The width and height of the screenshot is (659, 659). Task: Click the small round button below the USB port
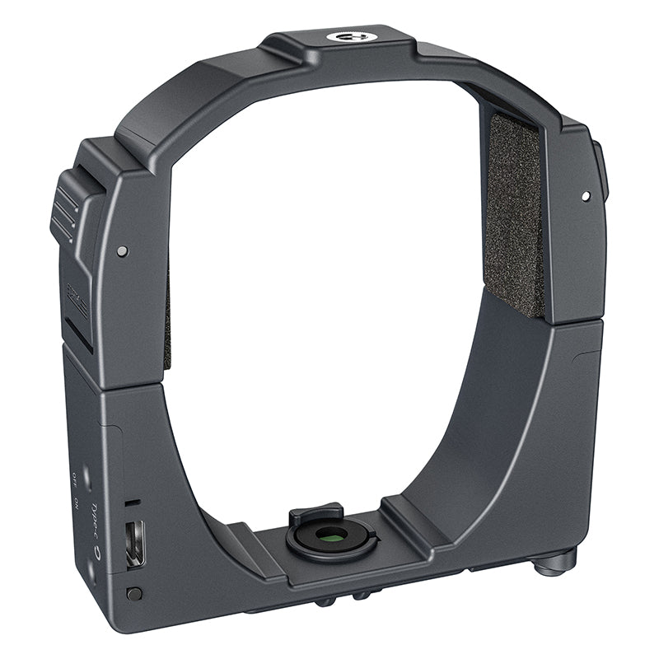(134, 592)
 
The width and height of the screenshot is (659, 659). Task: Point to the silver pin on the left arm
(122, 250)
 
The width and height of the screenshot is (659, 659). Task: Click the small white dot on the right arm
(585, 196)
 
